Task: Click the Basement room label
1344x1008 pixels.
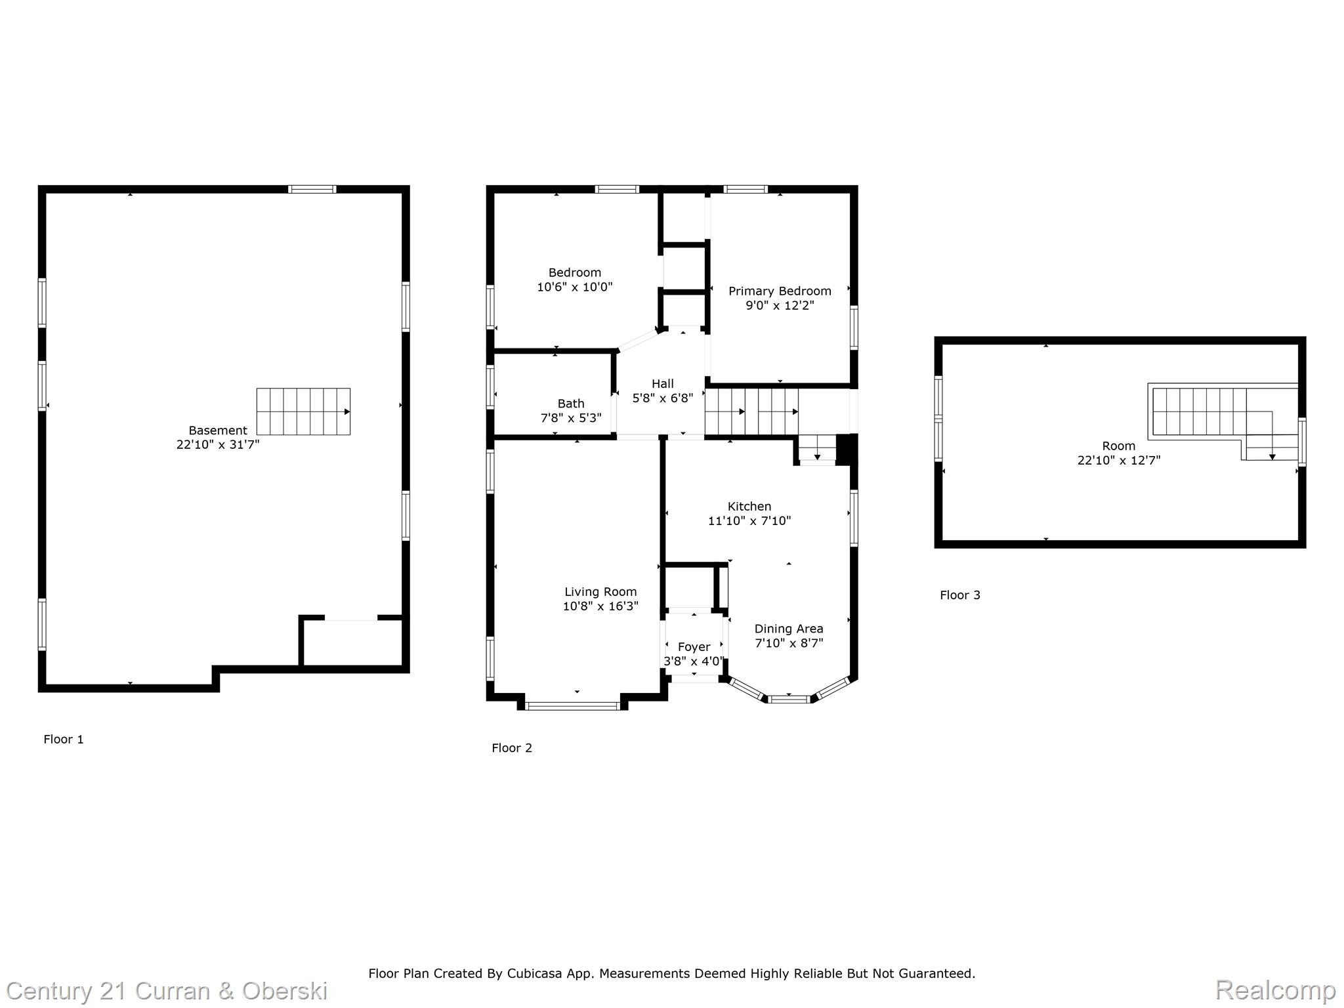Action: click(218, 430)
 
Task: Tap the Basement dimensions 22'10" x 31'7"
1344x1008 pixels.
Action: click(218, 445)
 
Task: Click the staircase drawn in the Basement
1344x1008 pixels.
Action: click(303, 411)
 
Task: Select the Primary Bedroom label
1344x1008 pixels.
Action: click(780, 291)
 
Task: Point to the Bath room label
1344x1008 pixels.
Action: click(570, 404)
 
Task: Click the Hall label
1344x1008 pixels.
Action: click(662, 384)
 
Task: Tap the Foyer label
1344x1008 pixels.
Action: click(694, 647)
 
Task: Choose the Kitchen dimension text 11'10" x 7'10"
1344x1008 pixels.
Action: click(749, 521)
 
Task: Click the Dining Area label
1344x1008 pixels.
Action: click(788, 629)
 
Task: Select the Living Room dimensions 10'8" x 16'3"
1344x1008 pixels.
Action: click(600, 606)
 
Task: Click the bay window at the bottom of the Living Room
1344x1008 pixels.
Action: click(573, 706)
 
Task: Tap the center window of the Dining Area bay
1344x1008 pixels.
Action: click(789, 699)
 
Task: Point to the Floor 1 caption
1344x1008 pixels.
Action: click(64, 740)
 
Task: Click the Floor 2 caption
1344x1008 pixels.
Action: click(512, 748)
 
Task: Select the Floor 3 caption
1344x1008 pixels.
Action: click(959, 595)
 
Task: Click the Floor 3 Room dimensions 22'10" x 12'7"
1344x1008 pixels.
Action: click(1118, 461)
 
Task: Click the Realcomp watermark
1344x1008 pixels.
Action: click(1274, 990)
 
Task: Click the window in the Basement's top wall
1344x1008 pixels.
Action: click(312, 189)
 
